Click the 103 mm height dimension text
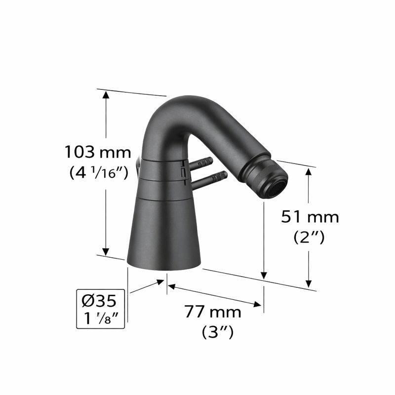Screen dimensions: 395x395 click(97, 152)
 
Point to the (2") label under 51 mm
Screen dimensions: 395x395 click(309, 237)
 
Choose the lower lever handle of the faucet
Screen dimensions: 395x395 click(210, 178)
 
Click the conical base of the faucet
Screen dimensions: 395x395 click(164, 232)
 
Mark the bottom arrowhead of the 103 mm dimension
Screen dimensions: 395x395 click(105, 250)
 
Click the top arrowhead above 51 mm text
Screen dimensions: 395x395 click(310, 172)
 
